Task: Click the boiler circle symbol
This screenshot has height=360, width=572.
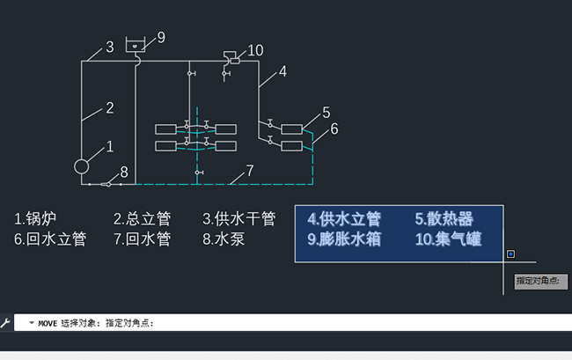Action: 82,165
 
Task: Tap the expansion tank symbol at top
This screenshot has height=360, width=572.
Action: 136,43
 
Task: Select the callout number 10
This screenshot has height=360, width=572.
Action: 255,50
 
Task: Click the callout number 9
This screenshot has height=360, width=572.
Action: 161,37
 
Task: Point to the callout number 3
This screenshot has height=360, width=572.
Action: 110,47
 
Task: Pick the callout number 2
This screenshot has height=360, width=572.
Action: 110,108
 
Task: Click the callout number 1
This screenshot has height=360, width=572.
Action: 110,146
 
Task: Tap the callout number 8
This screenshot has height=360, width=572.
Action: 124,172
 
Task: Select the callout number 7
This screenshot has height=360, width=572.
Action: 250,170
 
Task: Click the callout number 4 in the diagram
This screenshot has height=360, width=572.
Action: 282,72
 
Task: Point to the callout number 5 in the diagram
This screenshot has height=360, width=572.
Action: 326,112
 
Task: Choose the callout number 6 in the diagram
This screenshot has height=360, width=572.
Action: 334,129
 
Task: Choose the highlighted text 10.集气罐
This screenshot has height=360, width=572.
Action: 447,239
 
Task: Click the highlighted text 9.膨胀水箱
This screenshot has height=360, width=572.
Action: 344,239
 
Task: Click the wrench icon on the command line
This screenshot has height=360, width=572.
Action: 5,323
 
